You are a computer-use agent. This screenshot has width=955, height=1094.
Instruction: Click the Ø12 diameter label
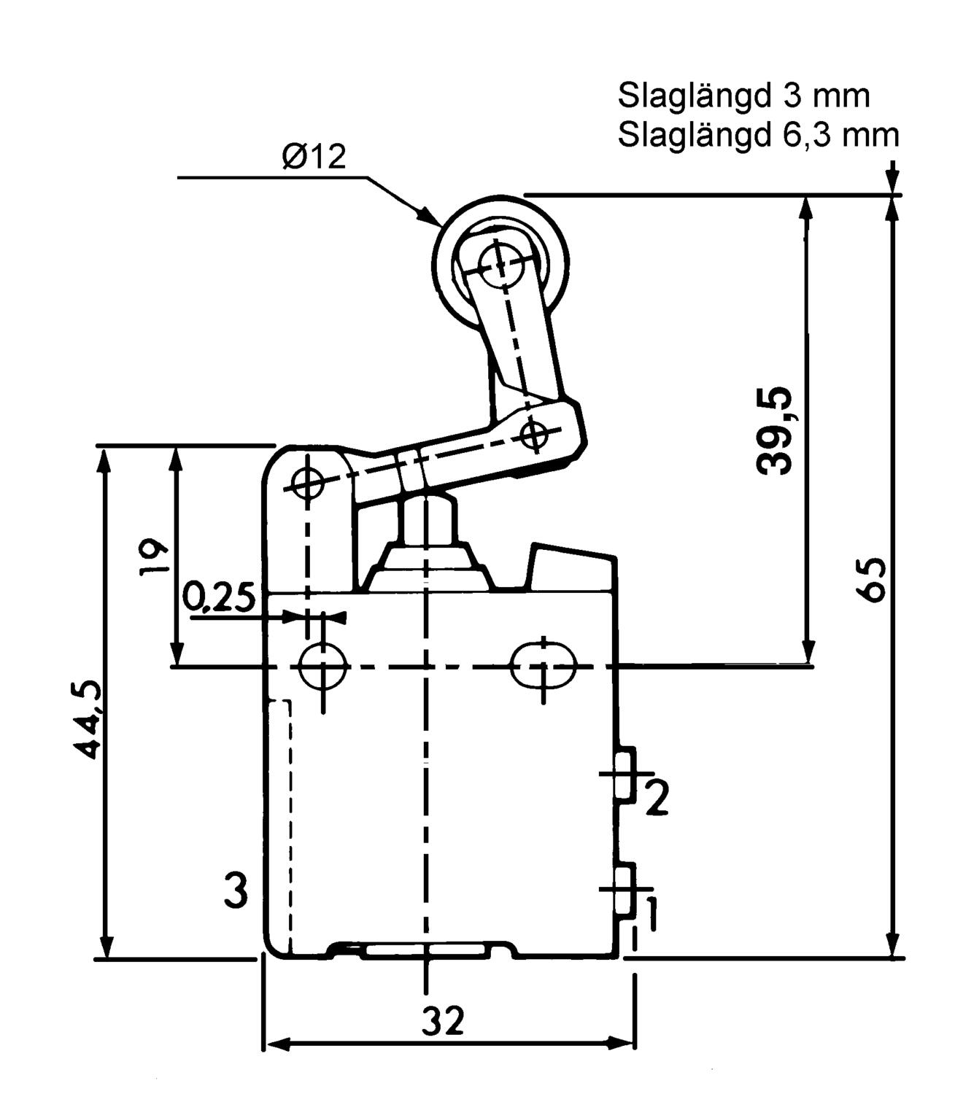[x=314, y=157]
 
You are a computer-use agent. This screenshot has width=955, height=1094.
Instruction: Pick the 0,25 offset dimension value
[x=218, y=598]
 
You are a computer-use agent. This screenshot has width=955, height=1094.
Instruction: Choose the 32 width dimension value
[x=443, y=1021]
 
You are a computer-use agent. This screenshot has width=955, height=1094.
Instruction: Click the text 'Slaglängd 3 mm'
[x=744, y=96]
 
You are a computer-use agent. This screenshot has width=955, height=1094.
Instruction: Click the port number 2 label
[x=656, y=799]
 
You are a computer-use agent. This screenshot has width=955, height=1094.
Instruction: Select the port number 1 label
[x=651, y=914]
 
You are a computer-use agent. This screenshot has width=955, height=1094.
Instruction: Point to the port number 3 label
[x=235, y=891]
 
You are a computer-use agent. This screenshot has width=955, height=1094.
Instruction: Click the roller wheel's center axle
[x=498, y=263]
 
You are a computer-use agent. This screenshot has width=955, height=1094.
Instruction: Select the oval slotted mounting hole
[x=544, y=666]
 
